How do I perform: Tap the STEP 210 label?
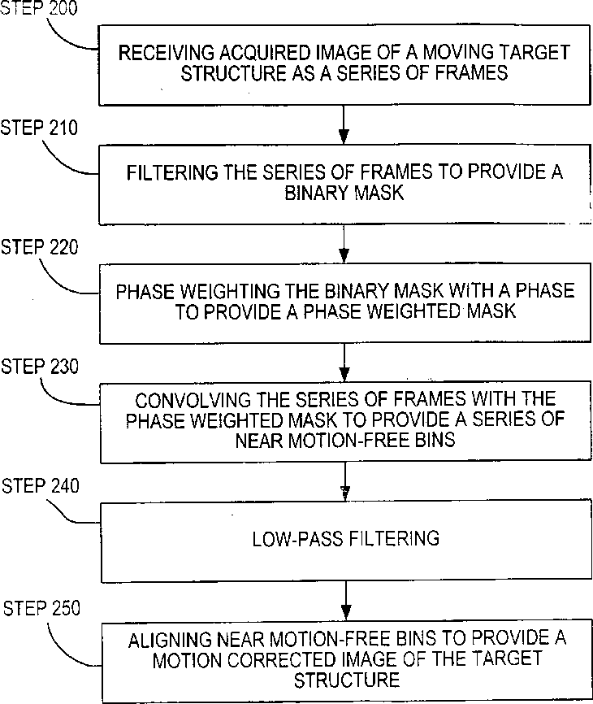pyautogui.click(x=40, y=128)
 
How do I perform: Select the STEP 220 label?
pyautogui.click(x=40, y=247)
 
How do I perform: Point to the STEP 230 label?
pyautogui.click(x=40, y=367)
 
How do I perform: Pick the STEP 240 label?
pyautogui.click(x=41, y=486)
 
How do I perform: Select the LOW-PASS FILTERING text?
pyautogui.click(x=345, y=538)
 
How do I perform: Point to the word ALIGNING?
pyautogui.click(x=165, y=640)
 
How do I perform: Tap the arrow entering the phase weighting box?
pyautogui.click(x=345, y=243)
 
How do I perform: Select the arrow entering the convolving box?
pyautogui.click(x=345, y=363)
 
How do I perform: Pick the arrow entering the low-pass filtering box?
pyautogui.click(x=345, y=484)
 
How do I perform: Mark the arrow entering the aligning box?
pyautogui.click(x=345, y=603)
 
